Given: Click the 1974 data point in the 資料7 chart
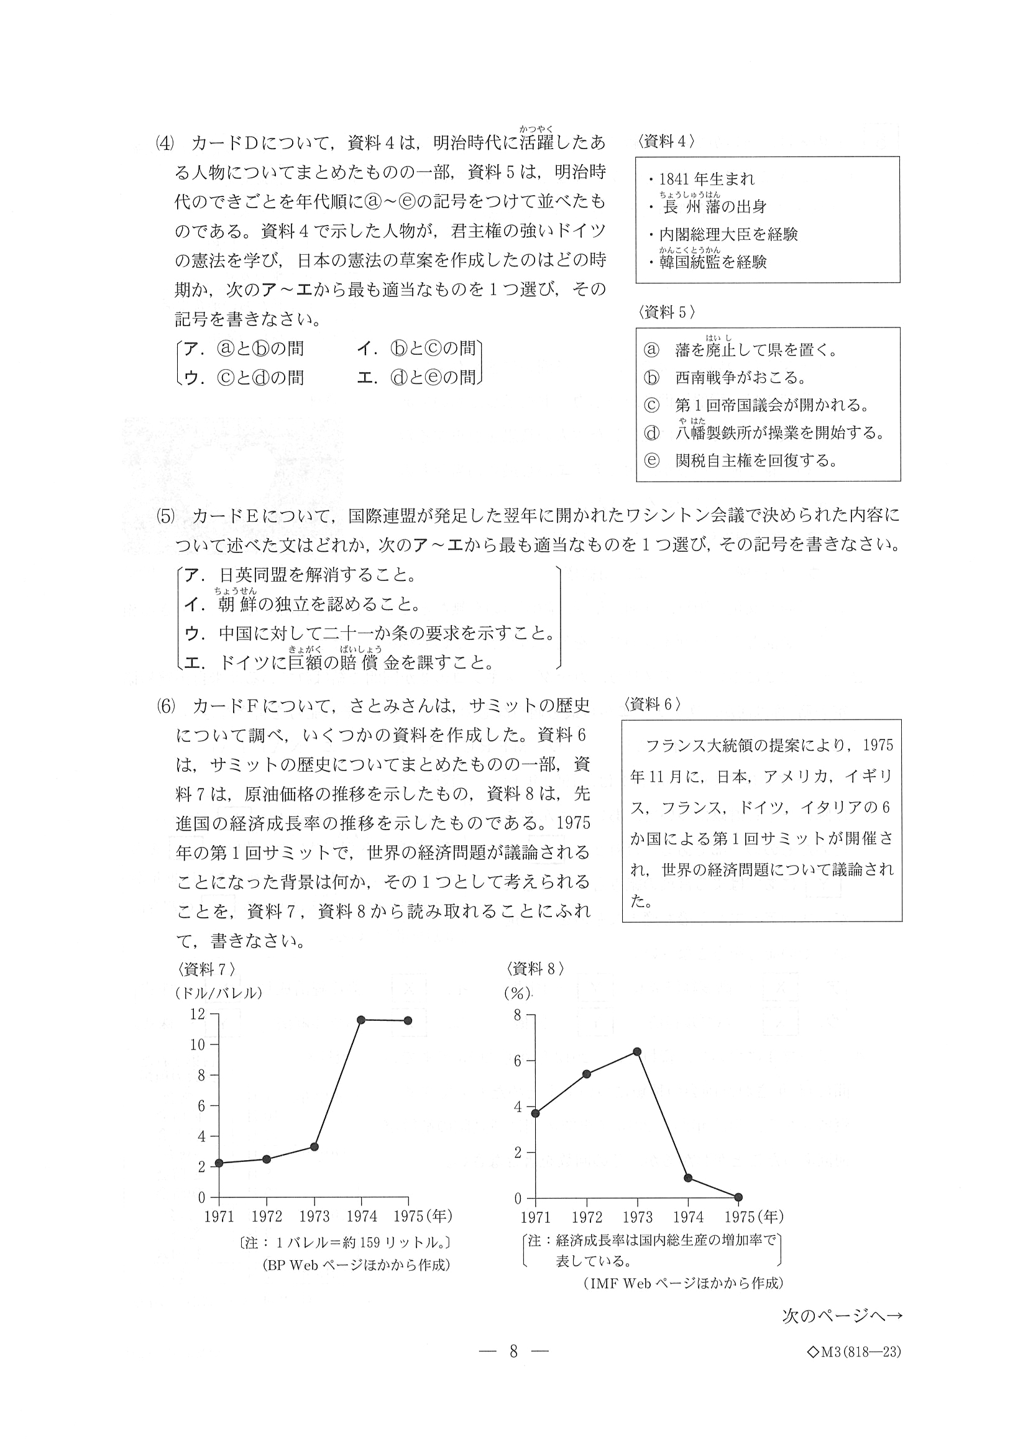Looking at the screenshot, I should [361, 1020].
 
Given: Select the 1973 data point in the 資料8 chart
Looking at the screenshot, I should [637, 1052].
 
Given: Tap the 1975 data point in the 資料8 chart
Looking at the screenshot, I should [738, 1197].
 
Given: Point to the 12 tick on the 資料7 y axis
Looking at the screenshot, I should [198, 1014].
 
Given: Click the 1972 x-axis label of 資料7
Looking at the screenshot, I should [267, 1217].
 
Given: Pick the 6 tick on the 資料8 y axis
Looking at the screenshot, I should [517, 1061].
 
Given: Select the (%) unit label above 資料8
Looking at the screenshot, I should [517, 994].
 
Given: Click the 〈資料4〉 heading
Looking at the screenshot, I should [666, 142].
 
